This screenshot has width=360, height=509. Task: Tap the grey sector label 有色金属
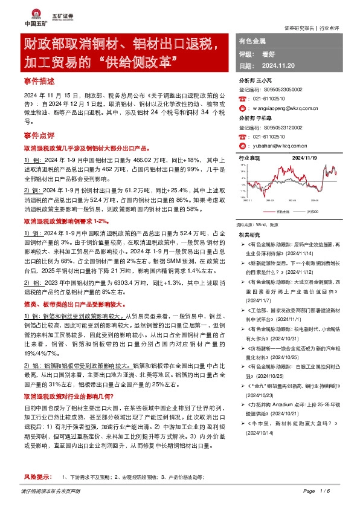tap(252, 41)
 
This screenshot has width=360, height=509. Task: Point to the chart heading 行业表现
tap(248, 157)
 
